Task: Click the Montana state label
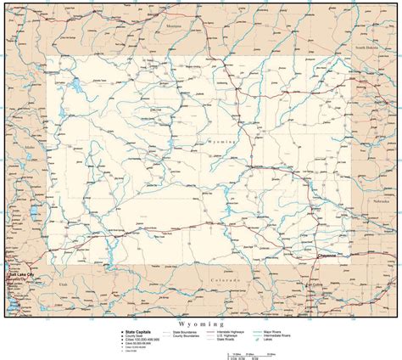coord(176,27)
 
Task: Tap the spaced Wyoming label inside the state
coord(223,144)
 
